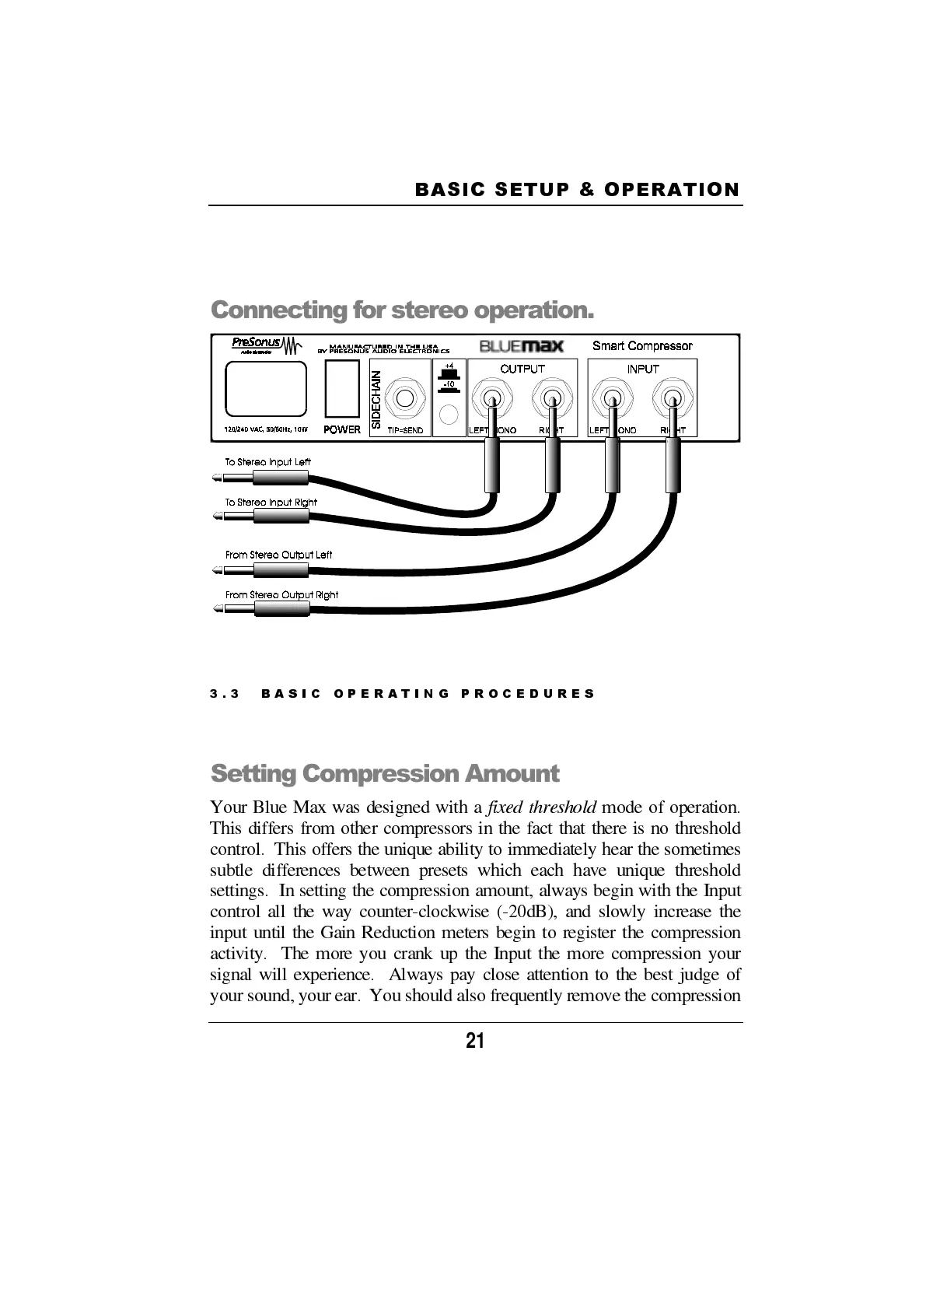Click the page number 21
click(x=475, y=1041)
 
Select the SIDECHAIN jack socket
click(x=405, y=399)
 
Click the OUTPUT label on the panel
click(x=522, y=369)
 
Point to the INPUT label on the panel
click(x=643, y=369)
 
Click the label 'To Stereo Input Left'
click(x=268, y=462)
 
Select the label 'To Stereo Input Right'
click(x=271, y=503)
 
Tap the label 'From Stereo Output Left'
click(x=278, y=555)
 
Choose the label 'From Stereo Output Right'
click(x=281, y=595)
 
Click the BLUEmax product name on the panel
click(x=521, y=345)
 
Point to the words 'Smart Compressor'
click(x=642, y=345)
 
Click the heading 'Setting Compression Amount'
click(x=385, y=773)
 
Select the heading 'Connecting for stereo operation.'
click(x=402, y=310)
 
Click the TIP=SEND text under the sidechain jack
click(x=405, y=430)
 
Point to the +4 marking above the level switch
click(x=449, y=365)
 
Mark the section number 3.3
click(x=225, y=693)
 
